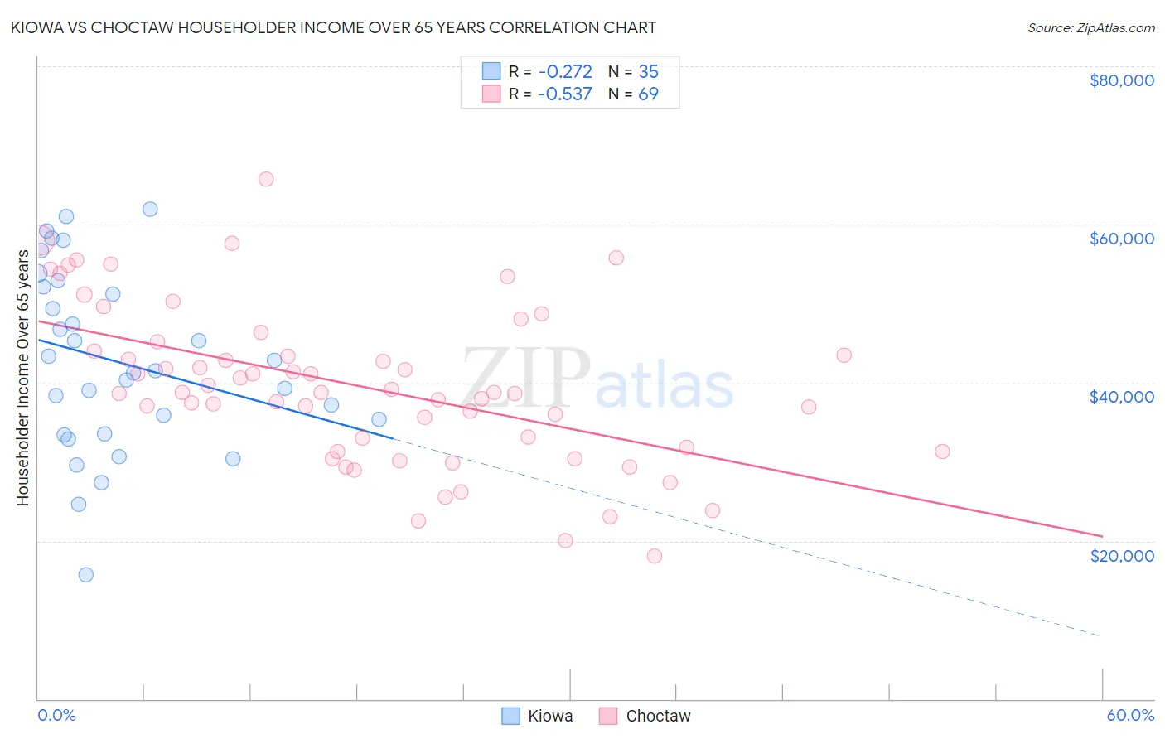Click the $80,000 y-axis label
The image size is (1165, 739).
pos(1121,80)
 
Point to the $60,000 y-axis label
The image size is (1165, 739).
pos(1121,239)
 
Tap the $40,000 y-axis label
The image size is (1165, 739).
pos(1121,397)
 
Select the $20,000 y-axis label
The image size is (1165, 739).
pos(1121,556)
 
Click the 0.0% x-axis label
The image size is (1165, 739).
pos(56,715)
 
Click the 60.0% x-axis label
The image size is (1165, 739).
pos(1129,715)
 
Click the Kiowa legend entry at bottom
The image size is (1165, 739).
pos(538,716)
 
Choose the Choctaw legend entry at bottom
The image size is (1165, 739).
pos(645,716)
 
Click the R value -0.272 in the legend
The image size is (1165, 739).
pos(564,71)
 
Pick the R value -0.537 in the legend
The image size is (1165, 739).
pos(564,94)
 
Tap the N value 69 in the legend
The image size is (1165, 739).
pos(648,94)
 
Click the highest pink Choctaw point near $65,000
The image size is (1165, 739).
pos(266,179)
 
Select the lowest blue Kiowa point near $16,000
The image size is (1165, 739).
pos(85,575)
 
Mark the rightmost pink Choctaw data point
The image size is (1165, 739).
pos(942,452)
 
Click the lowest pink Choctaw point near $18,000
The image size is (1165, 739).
pos(655,556)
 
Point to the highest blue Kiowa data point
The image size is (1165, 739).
pos(150,209)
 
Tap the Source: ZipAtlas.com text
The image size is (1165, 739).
pos(1090,27)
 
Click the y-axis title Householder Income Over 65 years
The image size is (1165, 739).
pos(22,377)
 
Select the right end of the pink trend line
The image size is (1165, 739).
pos(1102,536)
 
